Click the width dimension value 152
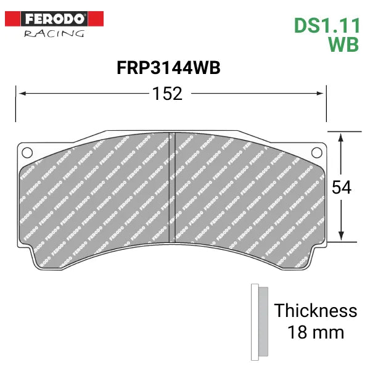[168, 94]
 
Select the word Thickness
[315, 310]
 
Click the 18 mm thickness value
[315, 332]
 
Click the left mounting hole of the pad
[27, 152]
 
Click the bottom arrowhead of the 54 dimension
[340, 237]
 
